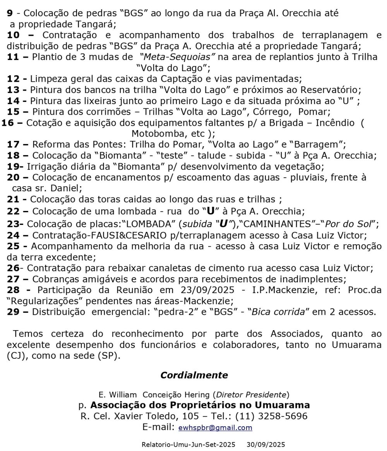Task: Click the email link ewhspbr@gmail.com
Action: (x=215, y=428)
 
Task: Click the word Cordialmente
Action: (x=194, y=375)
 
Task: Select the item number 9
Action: (x=10, y=13)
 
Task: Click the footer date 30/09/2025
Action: (x=266, y=445)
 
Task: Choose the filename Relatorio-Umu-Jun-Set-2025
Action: (x=188, y=445)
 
